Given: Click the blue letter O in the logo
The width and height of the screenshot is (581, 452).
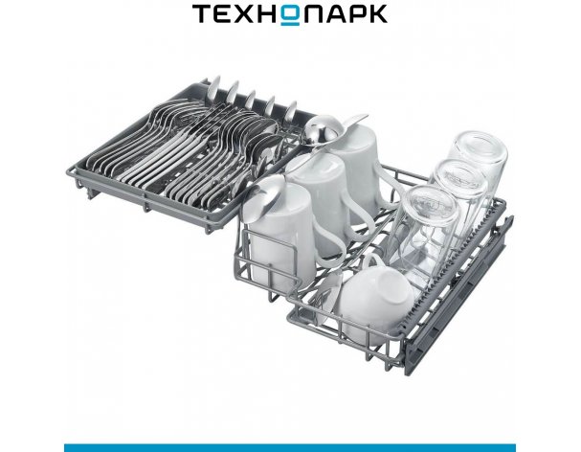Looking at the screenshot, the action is [x=291, y=15].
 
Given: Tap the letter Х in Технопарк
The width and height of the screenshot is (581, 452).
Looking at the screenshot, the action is [x=245, y=14].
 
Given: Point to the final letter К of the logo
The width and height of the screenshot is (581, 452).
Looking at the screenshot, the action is [x=377, y=14].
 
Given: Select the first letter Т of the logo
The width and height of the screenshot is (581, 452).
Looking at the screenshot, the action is [x=202, y=14].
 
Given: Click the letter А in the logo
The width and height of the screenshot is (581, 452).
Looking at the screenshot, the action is [x=335, y=14].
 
